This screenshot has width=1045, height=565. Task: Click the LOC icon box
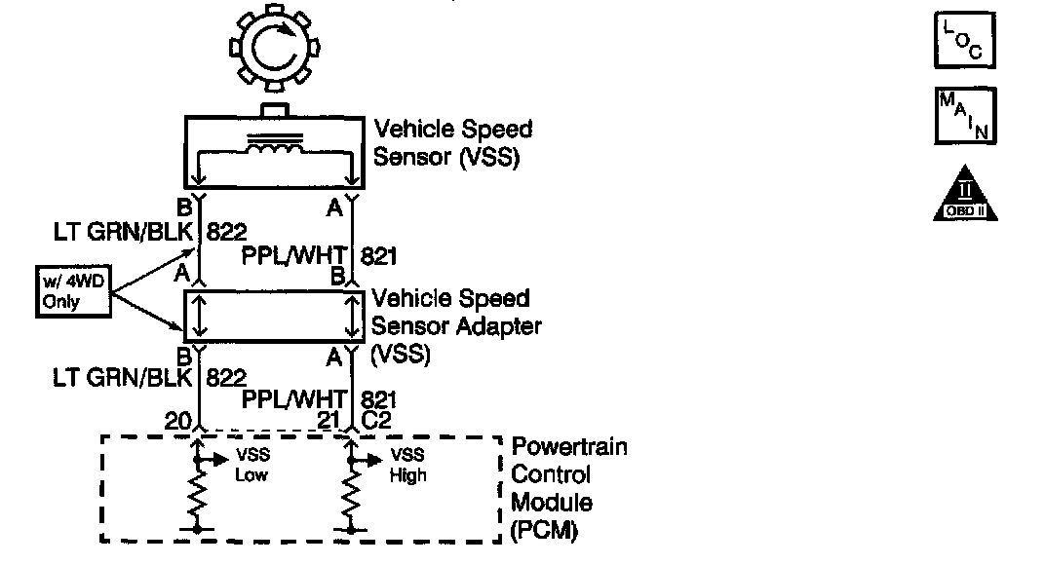pyautogui.click(x=964, y=39)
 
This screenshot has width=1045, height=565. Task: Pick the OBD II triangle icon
pyautogui.click(x=965, y=193)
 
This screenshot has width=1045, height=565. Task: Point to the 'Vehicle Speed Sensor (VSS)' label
pyautogui.click(x=454, y=143)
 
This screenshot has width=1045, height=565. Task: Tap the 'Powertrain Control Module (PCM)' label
pyautogui.click(x=569, y=489)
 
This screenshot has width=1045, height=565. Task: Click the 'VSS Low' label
pyautogui.click(x=251, y=466)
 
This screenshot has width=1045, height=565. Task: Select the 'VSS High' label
pyautogui.click(x=408, y=466)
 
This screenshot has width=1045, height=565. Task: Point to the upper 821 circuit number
pyautogui.click(x=379, y=256)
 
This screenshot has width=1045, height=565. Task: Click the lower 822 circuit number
pyautogui.click(x=225, y=376)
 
